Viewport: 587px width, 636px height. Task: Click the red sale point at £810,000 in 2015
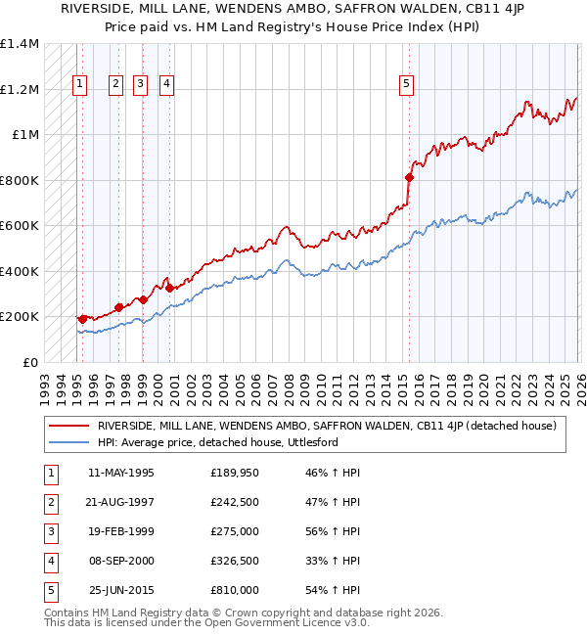point(409,178)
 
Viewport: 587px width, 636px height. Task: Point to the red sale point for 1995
point(82,318)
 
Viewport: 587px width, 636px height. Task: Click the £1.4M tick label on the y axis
point(20,44)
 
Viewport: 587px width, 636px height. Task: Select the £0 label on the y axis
point(29,362)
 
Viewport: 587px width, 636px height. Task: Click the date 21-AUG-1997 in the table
point(120,502)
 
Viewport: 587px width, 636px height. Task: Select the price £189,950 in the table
point(234,473)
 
